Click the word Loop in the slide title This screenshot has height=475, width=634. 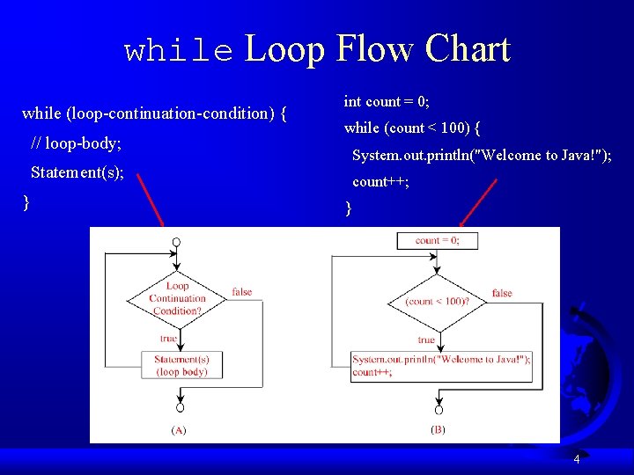(x=284, y=49)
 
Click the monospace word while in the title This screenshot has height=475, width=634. (x=181, y=52)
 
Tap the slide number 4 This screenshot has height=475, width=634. (x=576, y=459)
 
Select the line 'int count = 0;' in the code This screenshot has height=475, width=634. (x=387, y=101)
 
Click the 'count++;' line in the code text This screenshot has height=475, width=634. (x=380, y=182)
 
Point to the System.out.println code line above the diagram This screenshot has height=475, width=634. (x=482, y=156)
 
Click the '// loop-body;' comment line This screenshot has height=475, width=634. (x=76, y=142)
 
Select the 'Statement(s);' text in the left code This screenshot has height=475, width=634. (x=77, y=172)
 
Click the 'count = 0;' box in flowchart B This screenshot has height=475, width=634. (x=437, y=240)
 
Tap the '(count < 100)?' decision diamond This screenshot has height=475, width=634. (x=437, y=302)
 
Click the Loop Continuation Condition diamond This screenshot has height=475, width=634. (x=177, y=298)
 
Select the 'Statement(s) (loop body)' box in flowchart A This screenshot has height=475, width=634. (x=181, y=365)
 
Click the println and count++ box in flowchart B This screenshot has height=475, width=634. (x=441, y=365)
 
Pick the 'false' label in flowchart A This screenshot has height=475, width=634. (x=241, y=292)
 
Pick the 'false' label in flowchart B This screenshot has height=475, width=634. (x=502, y=293)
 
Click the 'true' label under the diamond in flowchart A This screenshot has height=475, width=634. (x=168, y=339)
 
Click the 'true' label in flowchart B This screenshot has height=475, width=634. (x=427, y=340)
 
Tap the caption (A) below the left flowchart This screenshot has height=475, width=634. (x=178, y=430)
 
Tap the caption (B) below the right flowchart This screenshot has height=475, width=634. (x=438, y=429)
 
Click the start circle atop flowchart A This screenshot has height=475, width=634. (x=177, y=241)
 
